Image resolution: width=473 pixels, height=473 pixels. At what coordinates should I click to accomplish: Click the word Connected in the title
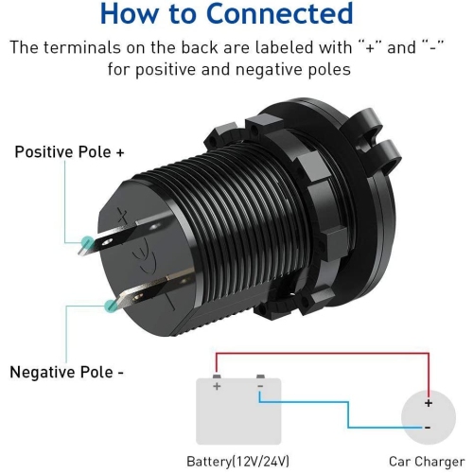[x=279, y=13]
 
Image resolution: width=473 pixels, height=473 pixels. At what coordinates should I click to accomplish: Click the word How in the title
[x=129, y=13]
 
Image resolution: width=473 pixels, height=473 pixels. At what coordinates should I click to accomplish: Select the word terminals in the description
[x=82, y=48]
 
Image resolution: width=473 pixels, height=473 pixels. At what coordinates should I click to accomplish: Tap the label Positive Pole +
[x=70, y=152]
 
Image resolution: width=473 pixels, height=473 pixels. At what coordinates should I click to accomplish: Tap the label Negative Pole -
[x=67, y=372]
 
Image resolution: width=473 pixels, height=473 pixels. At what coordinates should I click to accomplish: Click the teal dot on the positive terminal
[x=87, y=242]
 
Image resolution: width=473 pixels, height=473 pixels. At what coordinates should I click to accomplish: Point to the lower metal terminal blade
[x=151, y=289]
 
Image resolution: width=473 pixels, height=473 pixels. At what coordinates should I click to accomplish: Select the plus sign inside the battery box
[x=217, y=386]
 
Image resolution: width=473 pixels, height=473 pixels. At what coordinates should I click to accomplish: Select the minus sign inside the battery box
[x=260, y=386]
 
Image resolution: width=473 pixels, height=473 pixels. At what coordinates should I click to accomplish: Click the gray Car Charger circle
[x=429, y=417]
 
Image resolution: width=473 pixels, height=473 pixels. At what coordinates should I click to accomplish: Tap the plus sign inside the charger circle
[x=429, y=403]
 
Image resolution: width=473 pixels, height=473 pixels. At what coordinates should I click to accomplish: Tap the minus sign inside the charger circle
[x=428, y=428]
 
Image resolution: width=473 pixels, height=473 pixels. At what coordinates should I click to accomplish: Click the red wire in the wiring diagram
[x=323, y=354]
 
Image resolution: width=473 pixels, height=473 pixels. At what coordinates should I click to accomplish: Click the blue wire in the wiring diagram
[x=348, y=414]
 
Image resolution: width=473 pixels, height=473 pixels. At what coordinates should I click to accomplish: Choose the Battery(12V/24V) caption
[x=238, y=462]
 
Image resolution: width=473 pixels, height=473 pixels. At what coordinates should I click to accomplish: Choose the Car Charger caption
[x=427, y=462]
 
